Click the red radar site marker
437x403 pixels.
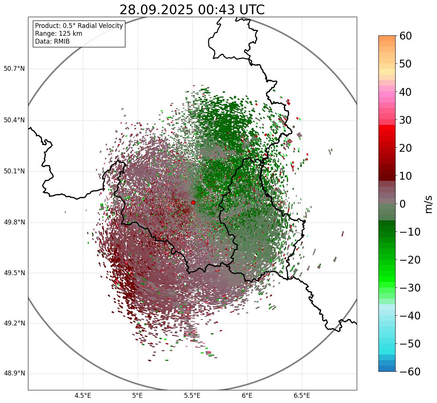(193, 202)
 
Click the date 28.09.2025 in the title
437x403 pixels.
(156, 10)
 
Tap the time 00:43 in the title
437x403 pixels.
(216, 10)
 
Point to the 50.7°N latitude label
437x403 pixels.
(14, 69)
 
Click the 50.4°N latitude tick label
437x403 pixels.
(14, 120)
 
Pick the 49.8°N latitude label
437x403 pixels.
(14, 222)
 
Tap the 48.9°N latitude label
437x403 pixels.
(14, 374)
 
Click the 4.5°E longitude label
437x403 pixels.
(83, 396)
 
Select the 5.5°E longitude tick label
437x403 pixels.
(192, 396)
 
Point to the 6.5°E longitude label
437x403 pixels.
(302, 396)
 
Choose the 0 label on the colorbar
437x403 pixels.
(403, 204)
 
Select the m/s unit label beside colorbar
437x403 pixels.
(428, 204)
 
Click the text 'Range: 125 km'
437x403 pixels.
(59, 34)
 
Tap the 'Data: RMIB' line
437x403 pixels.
(52, 41)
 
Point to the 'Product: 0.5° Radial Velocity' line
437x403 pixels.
(79, 26)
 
